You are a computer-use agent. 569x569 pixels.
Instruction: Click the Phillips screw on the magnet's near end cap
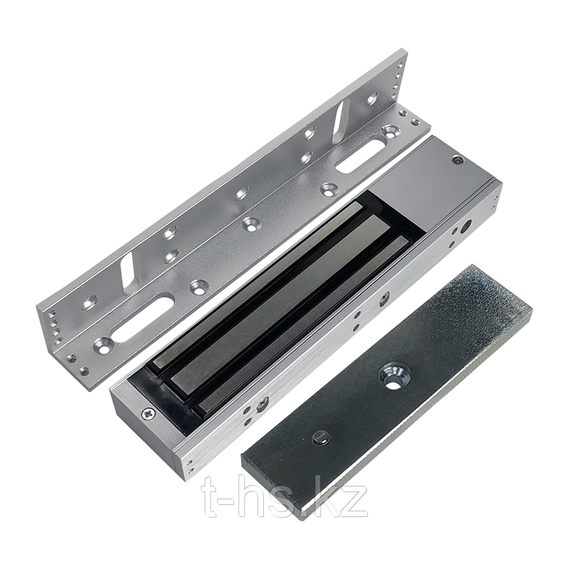tap(149, 413)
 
